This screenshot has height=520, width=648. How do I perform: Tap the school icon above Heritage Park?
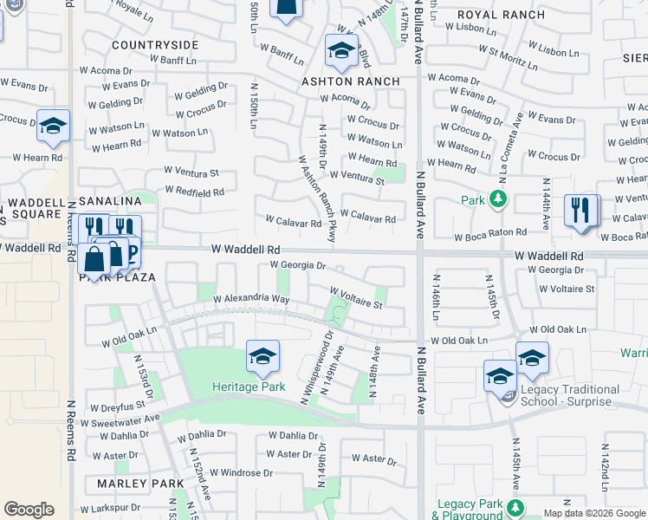point(262,356)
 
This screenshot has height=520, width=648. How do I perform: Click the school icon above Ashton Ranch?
point(341,51)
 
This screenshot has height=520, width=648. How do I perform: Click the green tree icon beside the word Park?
point(497,200)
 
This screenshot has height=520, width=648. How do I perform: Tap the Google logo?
point(29,510)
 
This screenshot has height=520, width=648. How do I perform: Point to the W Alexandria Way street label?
point(250,298)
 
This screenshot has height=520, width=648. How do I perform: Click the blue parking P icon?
point(133,252)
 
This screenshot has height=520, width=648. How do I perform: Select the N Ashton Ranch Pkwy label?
point(317,198)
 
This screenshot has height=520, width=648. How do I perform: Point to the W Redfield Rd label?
point(195,192)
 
